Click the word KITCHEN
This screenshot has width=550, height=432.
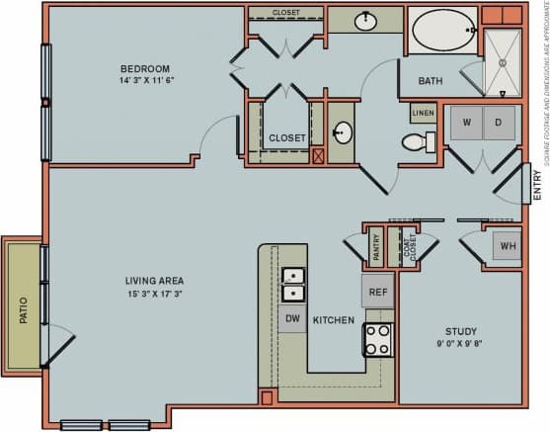(x=335, y=320)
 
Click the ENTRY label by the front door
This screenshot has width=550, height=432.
(x=537, y=187)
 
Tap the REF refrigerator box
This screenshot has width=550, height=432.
(x=377, y=292)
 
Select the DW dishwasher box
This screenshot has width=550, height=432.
(x=292, y=317)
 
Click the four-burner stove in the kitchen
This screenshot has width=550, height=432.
(x=378, y=339)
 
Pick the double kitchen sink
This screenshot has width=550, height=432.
(x=293, y=283)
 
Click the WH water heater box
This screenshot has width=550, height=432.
(x=507, y=246)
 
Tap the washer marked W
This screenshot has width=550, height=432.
(x=466, y=123)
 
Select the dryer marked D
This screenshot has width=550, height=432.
(x=500, y=123)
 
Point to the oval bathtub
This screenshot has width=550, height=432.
(x=443, y=31)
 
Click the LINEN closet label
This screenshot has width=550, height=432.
(x=422, y=114)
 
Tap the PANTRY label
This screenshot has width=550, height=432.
(x=375, y=246)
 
